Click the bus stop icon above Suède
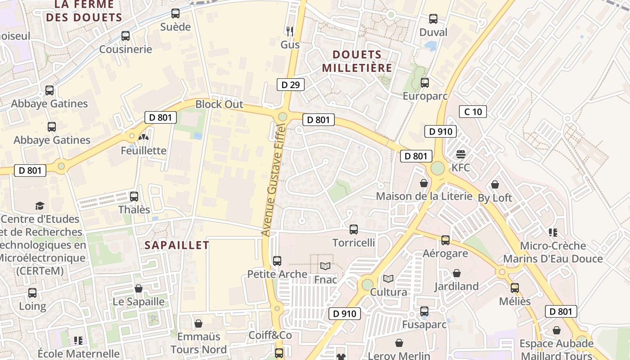[175, 13]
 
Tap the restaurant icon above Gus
[290, 31]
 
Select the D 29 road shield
[290, 85]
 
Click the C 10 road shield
[472, 112]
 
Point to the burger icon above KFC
[460, 154]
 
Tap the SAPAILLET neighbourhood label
[177, 245]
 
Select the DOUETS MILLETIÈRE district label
[362, 61]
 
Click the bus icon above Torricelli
[354, 229]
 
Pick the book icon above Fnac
[325, 266]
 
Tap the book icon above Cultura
[388, 279]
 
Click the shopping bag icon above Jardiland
[457, 273]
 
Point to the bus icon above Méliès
[515, 288]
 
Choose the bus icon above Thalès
[134, 197]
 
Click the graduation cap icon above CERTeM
[40, 206]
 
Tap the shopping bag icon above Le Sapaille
[139, 288]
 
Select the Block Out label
[219, 104]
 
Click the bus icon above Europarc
[425, 83]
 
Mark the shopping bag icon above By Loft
[495, 184]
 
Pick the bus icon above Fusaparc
[424, 311]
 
